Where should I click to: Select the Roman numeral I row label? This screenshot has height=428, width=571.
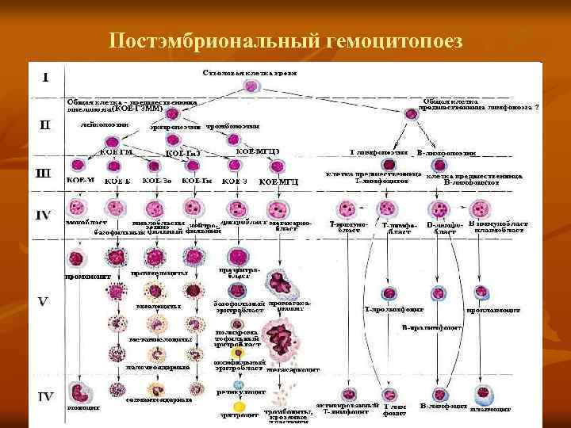(45, 78)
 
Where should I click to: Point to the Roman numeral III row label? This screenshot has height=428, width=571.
(45, 170)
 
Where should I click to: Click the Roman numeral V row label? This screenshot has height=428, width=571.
(45, 303)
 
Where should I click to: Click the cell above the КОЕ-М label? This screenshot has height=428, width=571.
(78, 166)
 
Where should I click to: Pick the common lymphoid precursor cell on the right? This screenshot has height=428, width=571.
(411, 116)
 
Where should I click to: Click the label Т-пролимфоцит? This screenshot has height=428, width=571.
(393, 308)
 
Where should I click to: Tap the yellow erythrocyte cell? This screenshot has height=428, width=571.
(236, 399)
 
